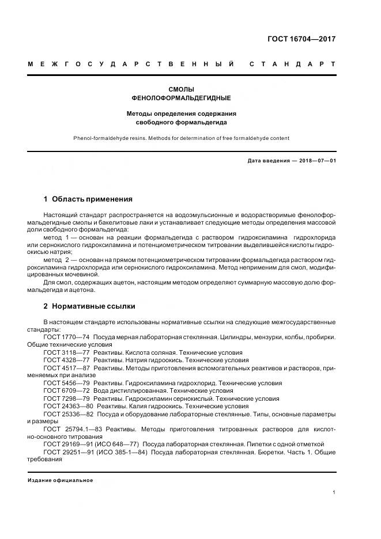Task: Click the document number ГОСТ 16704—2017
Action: [301, 40]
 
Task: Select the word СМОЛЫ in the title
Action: [182, 89]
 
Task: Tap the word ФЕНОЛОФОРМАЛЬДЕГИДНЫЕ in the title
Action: [182, 98]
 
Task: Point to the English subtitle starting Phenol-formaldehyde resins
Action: [182, 138]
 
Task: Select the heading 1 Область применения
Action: [88, 199]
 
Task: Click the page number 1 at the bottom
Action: [334, 492]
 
